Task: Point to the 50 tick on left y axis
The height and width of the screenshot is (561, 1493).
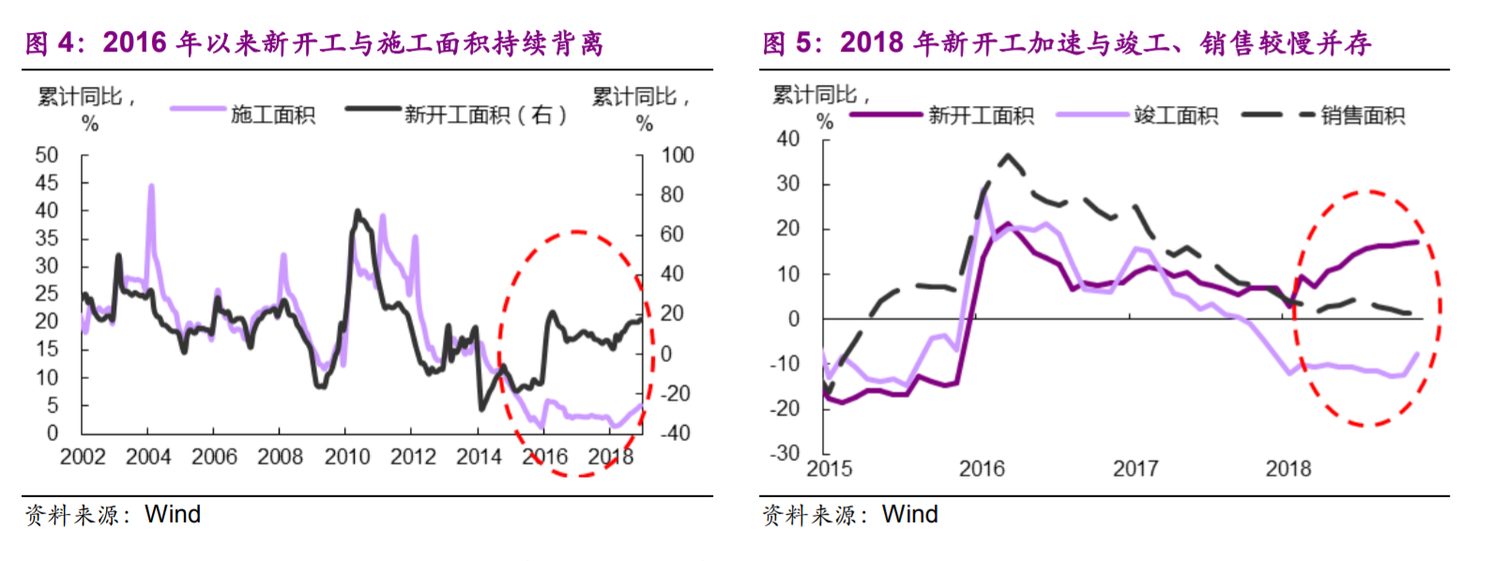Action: coord(47,155)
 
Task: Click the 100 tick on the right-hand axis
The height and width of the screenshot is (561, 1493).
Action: coord(677,155)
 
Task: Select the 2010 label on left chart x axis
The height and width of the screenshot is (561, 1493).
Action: coord(346,457)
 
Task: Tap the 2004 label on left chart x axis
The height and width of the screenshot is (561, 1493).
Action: coord(148,457)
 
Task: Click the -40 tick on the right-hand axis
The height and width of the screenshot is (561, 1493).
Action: coord(675,433)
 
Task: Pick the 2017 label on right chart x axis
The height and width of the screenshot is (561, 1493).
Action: coord(1135,468)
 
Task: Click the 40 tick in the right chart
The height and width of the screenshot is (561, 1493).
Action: coord(788,139)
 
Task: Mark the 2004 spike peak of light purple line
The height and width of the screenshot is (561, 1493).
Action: coord(151,187)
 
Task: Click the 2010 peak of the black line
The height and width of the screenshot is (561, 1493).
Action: coord(357,212)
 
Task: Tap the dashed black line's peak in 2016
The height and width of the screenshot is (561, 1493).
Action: coord(1009,155)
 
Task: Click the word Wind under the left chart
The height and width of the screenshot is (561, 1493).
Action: coord(173,514)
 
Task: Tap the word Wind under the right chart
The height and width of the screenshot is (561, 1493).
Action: coord(909,514)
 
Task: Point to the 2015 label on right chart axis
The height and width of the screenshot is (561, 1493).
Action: coord(830,468)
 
